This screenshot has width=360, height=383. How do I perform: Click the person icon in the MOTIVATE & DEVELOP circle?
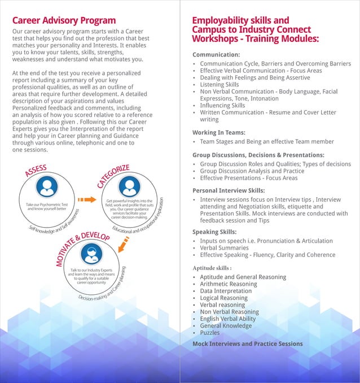(x=91, y=254)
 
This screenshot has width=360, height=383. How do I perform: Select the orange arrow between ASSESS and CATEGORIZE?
(x=86, y=199)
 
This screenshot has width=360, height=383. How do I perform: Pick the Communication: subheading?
(x=216, y=54)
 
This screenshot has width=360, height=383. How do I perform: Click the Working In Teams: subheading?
(x=219, y=132)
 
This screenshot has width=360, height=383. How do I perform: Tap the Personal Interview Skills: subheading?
(x=229, y=190)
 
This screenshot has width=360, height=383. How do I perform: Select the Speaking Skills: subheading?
(x=214, y=232)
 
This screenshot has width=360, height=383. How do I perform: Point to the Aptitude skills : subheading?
(x=212, y=267)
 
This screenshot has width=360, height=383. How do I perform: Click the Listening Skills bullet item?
(x=219, y=85)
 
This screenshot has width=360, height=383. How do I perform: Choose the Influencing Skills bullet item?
(x=222, y=105)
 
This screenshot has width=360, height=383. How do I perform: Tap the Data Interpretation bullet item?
(x=226, y=291)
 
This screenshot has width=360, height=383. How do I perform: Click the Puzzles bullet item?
(x=210, y=333)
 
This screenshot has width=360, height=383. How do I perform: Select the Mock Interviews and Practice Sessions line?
(x=247, y=343)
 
